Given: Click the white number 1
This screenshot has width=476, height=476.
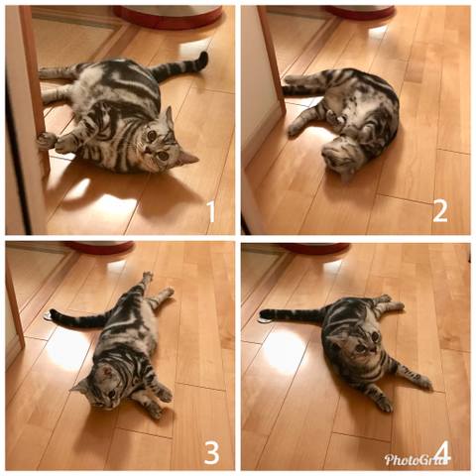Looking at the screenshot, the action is coord(211,211).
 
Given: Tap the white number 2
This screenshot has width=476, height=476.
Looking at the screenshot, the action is coord(440,211).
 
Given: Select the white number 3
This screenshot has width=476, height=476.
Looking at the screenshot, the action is coord(211,452).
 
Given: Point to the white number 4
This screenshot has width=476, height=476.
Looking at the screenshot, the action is coord(443,452).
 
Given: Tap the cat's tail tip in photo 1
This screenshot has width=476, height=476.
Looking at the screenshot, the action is coord(203,59).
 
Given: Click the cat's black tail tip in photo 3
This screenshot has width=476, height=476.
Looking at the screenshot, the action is coord(54,314).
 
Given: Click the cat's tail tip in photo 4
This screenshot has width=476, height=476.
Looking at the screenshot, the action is coord(265,312).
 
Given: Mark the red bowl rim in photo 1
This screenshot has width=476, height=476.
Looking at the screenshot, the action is coord(169,19).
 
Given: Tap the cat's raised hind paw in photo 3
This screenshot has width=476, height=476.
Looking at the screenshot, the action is coord(148,276).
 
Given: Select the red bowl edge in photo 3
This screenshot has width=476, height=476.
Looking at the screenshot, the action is coord(99,248).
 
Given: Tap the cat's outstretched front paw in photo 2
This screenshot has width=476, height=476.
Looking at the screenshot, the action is coord(295,130).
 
